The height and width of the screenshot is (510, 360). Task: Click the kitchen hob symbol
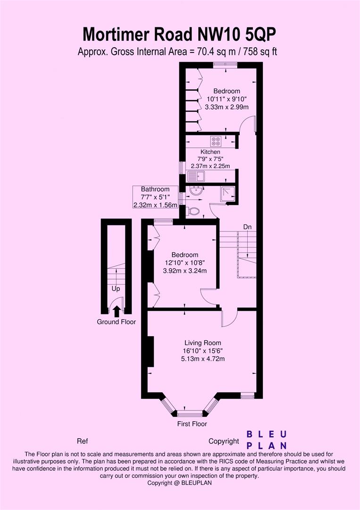tap(217, 140)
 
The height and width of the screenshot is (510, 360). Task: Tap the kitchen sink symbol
tap(196, 177)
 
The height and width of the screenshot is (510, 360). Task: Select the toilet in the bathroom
tap(193, 211)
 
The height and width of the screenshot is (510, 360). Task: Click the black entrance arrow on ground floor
tap(117, 310)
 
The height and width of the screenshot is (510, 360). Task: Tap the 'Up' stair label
tap(116, 288)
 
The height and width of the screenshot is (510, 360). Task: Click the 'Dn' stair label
tap(247, 227)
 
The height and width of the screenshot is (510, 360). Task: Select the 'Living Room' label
tap(203, 343)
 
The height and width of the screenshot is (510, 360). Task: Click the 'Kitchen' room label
tap(210, 152)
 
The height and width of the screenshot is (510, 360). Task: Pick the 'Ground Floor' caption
tap(117, 322)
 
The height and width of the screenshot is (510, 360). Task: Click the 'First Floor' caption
tap(192, 424)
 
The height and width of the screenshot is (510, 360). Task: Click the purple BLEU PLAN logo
tap(268, 440)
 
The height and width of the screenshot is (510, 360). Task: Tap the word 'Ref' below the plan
tap(82, 441)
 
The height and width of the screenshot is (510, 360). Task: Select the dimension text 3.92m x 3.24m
tap(185, 271)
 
